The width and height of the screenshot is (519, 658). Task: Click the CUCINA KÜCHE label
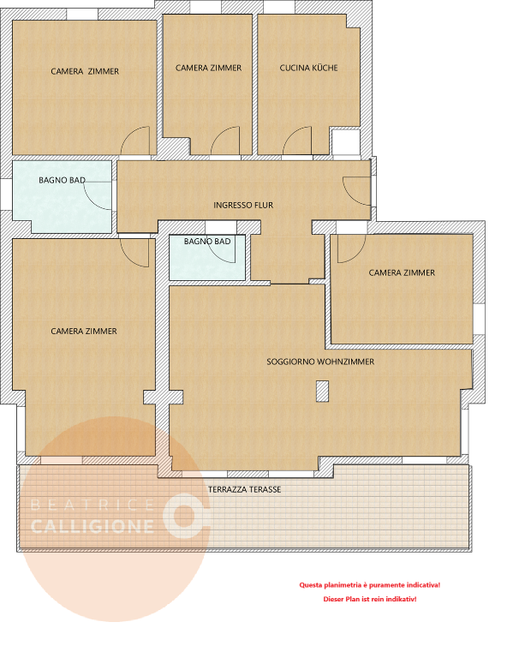[x=308, y=68]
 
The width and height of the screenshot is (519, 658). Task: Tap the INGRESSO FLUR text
[x=243, y=206]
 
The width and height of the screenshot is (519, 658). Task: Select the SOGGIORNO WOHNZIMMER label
[x=320, y=362]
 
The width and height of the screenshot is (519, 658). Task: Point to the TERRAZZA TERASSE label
[x=245, y=489]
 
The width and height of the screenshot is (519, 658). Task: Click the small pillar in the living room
[x=322, y=391]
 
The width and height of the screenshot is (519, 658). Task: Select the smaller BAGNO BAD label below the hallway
[x=207, y=242]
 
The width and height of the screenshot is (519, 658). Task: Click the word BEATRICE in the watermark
[x=92, y=505]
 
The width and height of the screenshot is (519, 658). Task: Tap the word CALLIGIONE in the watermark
[x=92, y=527]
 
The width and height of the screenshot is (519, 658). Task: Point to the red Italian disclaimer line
[x=370, y=585]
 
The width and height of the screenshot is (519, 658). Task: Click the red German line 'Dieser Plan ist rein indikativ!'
[x=370, y=599]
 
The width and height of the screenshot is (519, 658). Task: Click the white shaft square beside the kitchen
[x=346, y=142]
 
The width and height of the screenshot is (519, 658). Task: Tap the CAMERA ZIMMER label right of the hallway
[x=402, y=272]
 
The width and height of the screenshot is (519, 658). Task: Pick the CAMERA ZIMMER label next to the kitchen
[x=208, y=68]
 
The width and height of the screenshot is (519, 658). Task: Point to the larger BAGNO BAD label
[x=63, y=180]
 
